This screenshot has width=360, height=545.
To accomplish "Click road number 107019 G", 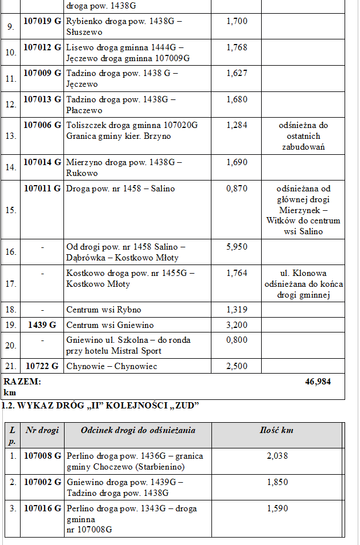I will tap(42, 21).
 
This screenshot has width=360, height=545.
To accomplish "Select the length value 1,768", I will tap(237, 47).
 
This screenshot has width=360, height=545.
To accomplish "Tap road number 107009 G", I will tap(42, 73).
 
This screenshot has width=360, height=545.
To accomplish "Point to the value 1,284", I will tap(237, 125).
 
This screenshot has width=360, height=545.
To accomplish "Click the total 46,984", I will tap(318, 382).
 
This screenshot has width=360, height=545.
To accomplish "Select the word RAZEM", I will tap(22, 382).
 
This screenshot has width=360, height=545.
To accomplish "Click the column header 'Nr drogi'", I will tap(42, 430).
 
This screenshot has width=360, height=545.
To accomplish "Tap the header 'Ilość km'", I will tap(277, 430).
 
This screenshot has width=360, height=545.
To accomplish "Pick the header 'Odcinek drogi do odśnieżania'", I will tap(138, 430).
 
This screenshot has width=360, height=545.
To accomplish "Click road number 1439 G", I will tap(42, 325).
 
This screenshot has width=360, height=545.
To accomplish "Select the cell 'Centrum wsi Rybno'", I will tap(103, 310).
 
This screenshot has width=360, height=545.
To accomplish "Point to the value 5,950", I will tap(237, 247).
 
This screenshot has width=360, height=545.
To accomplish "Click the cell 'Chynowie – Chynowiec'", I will tap(111, 366).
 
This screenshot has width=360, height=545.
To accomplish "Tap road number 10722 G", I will tap(42, 366).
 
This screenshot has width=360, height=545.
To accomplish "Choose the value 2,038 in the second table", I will tap(277, 456).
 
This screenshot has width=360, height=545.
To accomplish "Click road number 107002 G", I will tap(42, 482).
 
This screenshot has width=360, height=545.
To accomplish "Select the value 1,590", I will tap(277, 508).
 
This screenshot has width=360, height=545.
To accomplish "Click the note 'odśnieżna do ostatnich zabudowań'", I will tap(303, 136).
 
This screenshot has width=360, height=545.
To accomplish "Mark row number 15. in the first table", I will tap(11, 210).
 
